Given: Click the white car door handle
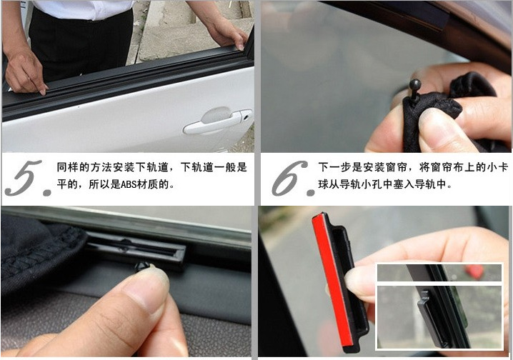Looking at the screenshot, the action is coord(217,121).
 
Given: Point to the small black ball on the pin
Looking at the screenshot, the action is coord(415,84).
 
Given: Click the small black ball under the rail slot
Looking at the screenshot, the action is coord(142,266).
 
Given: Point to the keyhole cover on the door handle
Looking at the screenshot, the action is coord(246,116).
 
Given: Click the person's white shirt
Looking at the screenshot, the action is coord(84,9).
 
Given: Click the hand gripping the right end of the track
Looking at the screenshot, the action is coord(226,33).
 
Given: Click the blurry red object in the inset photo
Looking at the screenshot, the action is coord(474,271).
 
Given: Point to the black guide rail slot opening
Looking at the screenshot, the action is coord(135,248).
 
